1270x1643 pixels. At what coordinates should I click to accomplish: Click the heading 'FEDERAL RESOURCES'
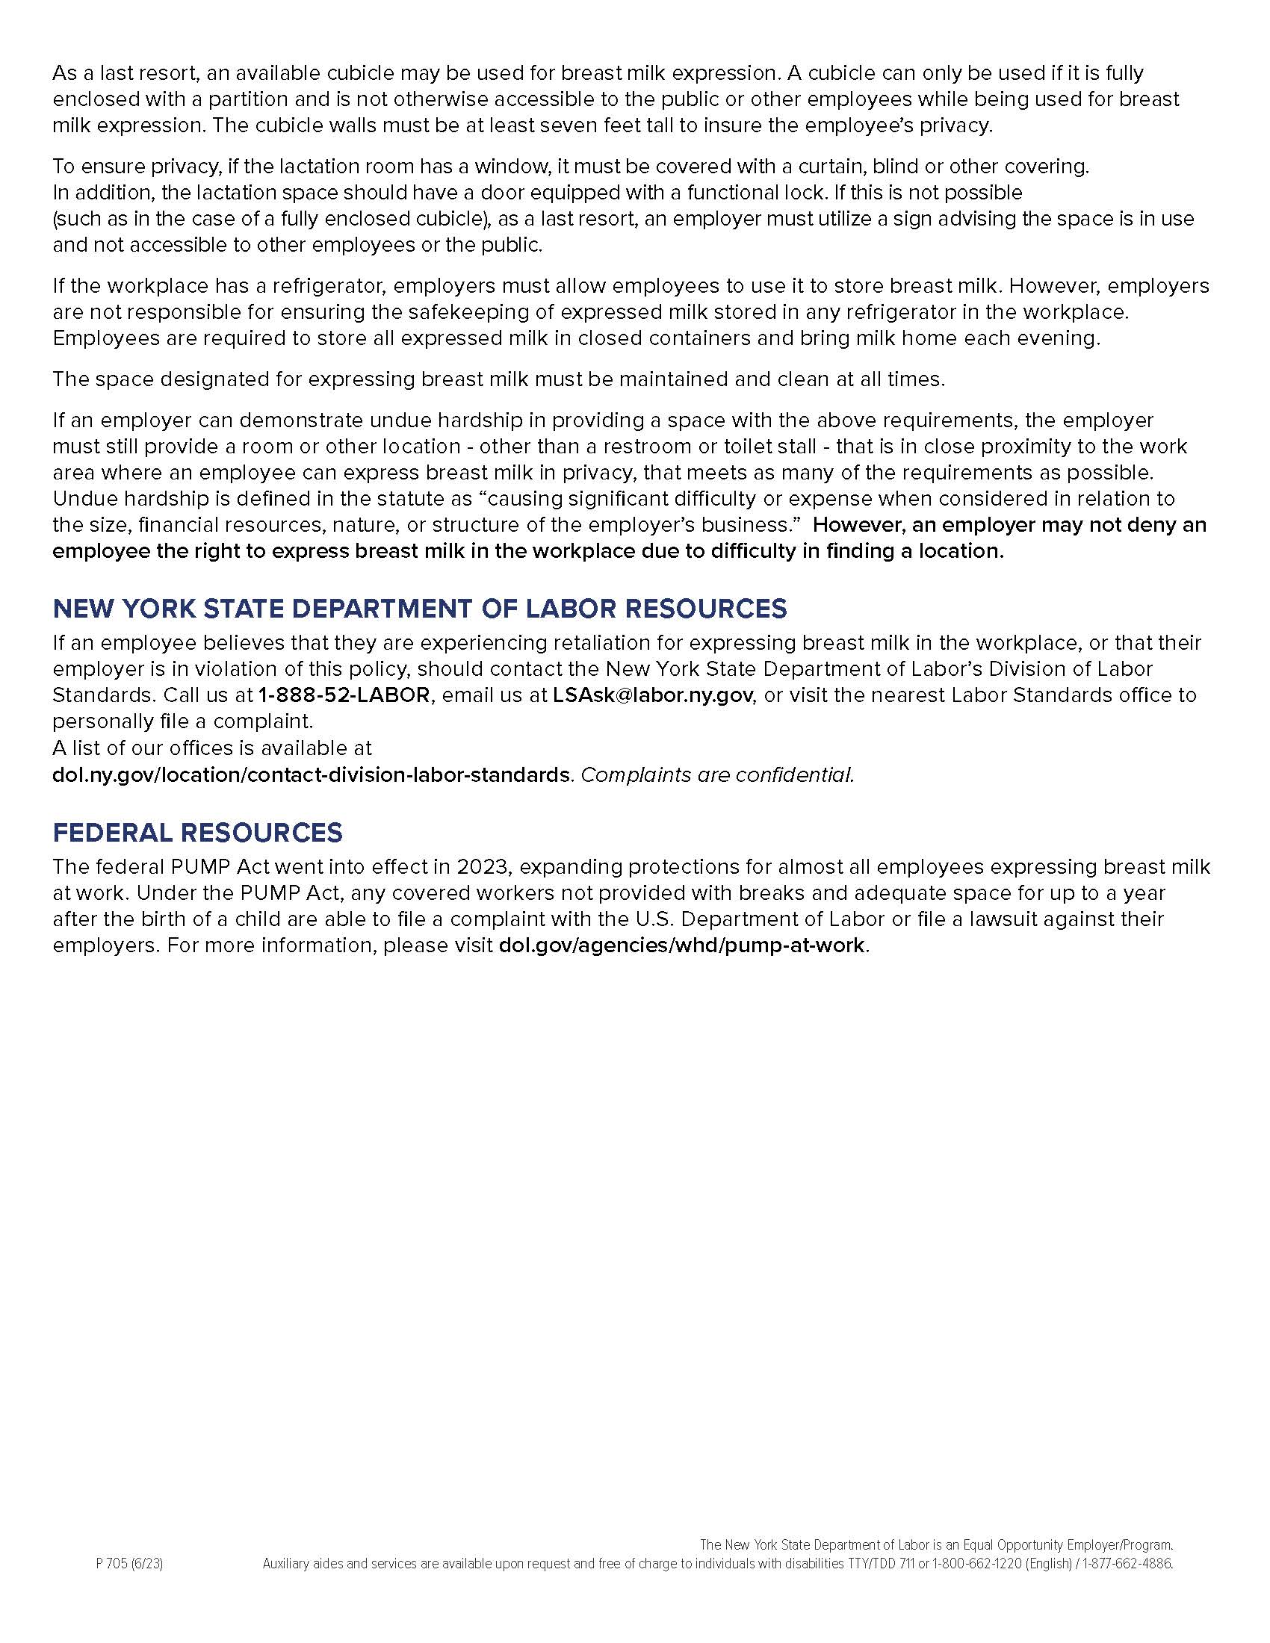[197, 833]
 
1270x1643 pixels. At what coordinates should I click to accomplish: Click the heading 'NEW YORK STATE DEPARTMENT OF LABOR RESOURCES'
[420, 608]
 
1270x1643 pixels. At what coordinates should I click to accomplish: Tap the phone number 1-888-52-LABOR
[344, 695]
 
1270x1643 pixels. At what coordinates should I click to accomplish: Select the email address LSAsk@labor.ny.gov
[652, 695]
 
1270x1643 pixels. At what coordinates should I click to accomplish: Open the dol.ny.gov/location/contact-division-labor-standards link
[311, 774]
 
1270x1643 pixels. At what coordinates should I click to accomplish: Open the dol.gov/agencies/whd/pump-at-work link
[681, 945]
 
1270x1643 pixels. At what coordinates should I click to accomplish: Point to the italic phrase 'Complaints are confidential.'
[718, 774]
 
